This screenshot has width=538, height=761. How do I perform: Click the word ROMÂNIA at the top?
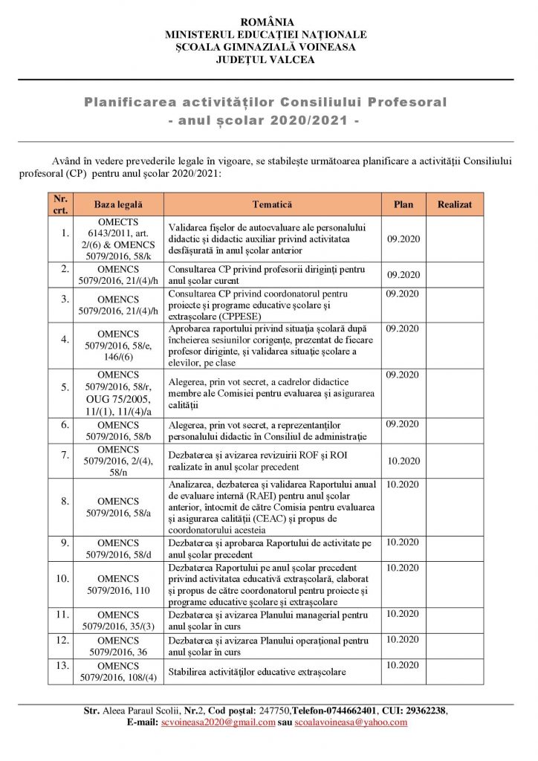point(269,22)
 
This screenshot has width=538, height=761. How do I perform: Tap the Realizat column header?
point(454,204)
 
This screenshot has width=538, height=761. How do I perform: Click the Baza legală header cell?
point(117,204)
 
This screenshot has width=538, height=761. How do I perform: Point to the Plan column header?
point(403,204)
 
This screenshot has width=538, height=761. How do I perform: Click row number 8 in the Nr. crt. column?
point(64,508)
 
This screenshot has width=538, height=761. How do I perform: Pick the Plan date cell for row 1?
point(404,239)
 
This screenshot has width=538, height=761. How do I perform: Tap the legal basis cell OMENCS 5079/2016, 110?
point(117,585)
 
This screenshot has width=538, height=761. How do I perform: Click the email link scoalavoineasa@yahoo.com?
point(351,722)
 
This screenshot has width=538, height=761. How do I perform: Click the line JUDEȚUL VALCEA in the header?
point(269,59)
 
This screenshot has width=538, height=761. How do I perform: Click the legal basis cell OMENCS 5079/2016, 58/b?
point(117,430)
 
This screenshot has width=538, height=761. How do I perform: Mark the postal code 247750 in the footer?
point(273,710)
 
